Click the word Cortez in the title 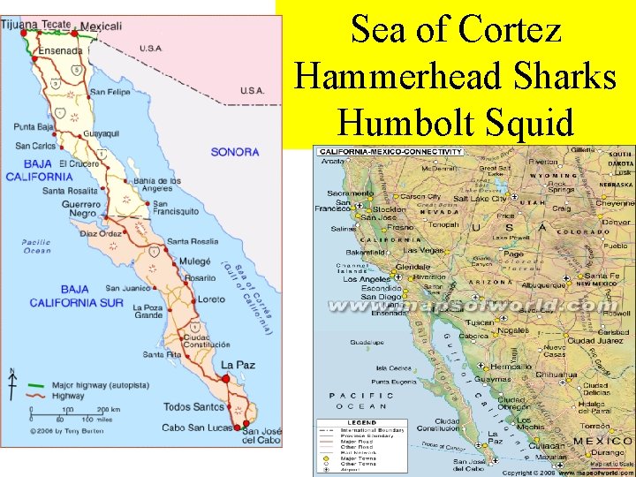pos(510,30)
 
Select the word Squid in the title pos(530,120)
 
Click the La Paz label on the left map pos(238,364)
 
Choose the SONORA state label pos(235,152)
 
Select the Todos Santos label pos(193,406)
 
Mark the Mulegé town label pos(194,261)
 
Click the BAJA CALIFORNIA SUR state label pos(74,296)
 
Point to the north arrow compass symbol pos(11,385)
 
